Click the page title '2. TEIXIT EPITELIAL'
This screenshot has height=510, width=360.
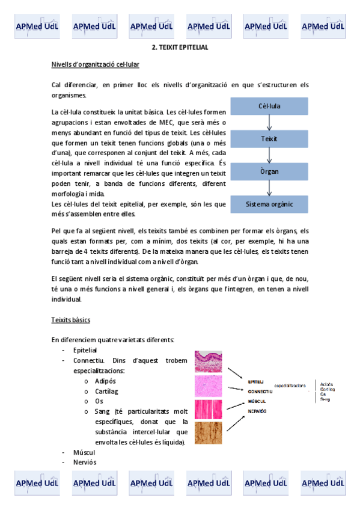click(180, 47)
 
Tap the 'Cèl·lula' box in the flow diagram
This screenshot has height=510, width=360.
click(269, 106)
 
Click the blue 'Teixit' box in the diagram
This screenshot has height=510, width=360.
click(269, 139)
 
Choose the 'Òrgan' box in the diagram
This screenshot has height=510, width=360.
click(269, 171)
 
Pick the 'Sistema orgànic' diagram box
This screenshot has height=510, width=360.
click(269, 204)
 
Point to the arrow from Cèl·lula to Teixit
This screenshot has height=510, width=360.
click(269, 122)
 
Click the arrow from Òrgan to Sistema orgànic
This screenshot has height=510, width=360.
click(269, 188)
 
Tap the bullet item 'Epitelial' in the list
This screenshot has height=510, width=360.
click(85, 350)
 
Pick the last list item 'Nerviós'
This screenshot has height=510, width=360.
click(84, 462)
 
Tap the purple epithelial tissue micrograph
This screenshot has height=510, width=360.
click(208, 363)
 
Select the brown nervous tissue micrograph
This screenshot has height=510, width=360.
click(208, 434)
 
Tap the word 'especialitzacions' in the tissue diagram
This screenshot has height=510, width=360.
click(290, 386)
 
